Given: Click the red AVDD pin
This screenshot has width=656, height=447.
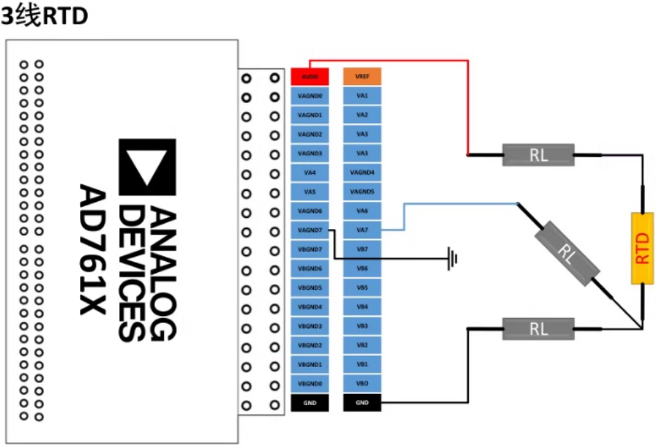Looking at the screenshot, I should [x=310, y=76].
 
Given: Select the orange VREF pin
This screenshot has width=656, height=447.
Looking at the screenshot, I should [x=362, y=76].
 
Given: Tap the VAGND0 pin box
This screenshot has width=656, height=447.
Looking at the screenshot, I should [x=310, y=95].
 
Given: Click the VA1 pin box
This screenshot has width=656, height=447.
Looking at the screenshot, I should [x=362, y=95].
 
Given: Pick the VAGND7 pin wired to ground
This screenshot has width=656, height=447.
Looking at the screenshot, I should [x=310, y=230].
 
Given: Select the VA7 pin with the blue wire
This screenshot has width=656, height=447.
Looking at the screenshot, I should [x=362, y=230].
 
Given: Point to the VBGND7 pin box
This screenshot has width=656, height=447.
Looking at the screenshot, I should [x=310, y=249].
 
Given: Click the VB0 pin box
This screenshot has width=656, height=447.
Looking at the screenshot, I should [x=362, y=384].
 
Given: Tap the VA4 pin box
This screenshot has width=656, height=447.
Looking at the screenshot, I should [x=310, y=172].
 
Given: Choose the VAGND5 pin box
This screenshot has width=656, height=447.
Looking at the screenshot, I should [x=362, y=191].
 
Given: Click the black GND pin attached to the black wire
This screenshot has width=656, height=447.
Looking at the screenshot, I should [x=362, y=403].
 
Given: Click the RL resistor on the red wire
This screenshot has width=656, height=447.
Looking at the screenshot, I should [x=538, y=155].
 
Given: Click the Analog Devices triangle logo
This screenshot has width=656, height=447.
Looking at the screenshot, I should [x=147, y=166].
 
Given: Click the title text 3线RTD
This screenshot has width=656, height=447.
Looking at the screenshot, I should [x=45, y=17].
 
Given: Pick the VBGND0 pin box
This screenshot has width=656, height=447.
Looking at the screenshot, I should [x=310, y=384].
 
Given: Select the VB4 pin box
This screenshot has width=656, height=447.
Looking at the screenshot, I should [x=362, y=307].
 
